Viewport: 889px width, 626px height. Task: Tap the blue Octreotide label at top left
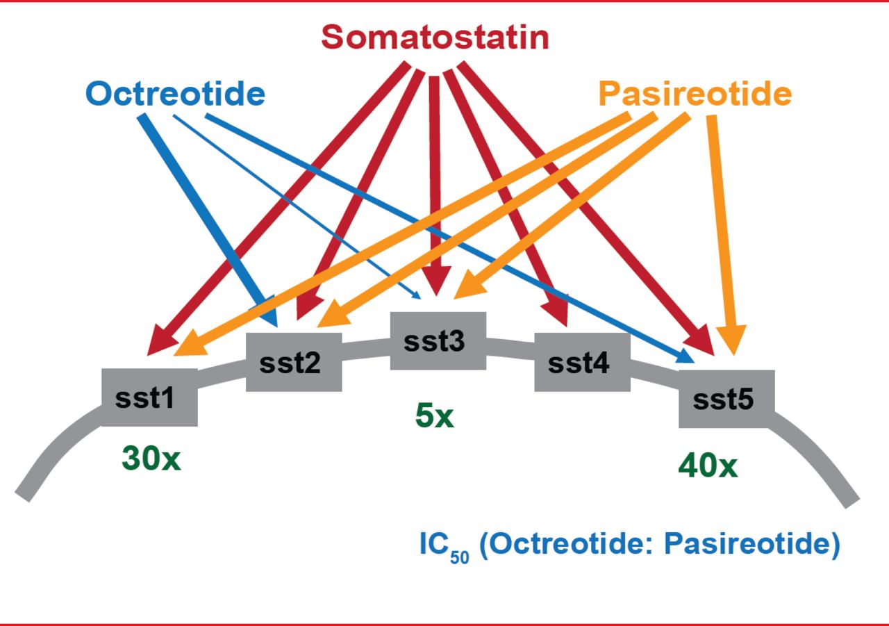click(x=176, y=94)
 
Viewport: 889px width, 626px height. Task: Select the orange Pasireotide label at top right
click(x=695, y=94)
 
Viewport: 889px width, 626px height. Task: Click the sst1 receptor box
click(x=149, y=397)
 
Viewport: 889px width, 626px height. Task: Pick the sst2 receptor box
click(x=294, y=363)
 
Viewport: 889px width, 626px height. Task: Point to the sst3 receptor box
click(x=438, y=341)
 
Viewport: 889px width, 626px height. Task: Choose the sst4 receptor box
click(x=582, y=362)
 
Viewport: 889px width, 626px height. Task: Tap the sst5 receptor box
click(x=726, y=399)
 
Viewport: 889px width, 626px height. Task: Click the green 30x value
click(x=151, y=459)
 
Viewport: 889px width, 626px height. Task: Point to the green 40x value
click(x=708, y=466)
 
